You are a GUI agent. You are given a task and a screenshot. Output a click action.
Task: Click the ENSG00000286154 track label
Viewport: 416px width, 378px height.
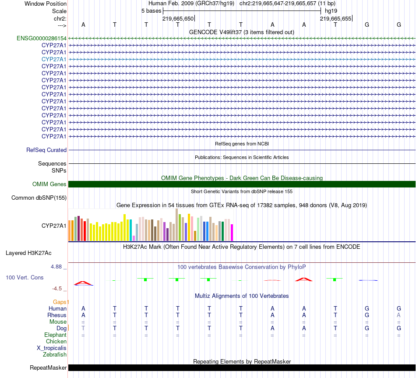tap(42, 38)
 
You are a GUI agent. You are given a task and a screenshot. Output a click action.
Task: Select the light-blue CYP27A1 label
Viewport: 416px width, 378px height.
tap(54, 59)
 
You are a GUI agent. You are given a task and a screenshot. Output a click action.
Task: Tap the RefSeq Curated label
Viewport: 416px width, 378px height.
tap(46, 150)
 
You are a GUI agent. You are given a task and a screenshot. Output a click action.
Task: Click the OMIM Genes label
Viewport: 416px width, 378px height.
tap(49, 184)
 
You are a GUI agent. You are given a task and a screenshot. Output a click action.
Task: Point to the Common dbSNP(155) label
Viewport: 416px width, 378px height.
tap(39, 198)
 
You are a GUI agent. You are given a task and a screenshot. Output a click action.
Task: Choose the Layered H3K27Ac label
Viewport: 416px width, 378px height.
tap(28, 253)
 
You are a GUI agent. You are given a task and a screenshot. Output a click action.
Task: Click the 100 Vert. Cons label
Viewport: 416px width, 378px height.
tap(25, 278)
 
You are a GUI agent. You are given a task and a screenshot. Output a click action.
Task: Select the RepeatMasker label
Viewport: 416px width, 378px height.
tap(48, 368)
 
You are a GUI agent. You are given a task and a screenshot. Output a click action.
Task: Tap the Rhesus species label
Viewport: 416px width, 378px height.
tap(57, 315)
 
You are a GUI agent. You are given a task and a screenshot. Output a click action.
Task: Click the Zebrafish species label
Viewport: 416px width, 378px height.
tap(55, 354)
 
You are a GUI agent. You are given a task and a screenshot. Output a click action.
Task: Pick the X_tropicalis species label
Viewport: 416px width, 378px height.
tap(52, 348)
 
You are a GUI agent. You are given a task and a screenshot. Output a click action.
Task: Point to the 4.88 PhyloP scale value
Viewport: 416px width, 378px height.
tap(57, 266)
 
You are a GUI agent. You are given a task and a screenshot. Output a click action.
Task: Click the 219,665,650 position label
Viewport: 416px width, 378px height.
tap(178, 19)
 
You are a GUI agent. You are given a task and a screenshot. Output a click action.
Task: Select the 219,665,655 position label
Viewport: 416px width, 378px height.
tap(335, 19)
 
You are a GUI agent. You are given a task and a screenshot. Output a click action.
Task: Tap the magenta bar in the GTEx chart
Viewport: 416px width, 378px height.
tap(232, 233)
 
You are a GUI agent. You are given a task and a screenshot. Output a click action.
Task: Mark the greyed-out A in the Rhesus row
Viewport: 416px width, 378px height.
tap(398, 315)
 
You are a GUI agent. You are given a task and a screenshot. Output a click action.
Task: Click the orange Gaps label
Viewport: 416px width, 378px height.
tap(61, 302)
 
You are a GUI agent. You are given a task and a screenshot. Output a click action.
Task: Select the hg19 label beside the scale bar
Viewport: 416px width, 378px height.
tap(331, 11)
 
